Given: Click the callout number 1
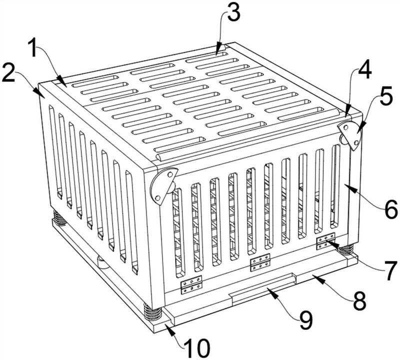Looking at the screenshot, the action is pos(35,47).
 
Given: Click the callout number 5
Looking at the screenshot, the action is pos(386,96).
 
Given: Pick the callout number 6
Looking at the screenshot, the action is pos(391,209).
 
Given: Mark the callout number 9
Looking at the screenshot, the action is pos(306,320).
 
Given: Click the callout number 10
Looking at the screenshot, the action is pos(197,348).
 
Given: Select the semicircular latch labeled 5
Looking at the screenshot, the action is pos(350,135).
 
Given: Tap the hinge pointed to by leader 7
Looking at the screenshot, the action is pos(325,241).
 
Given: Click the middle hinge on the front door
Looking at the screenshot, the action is pos(260,262).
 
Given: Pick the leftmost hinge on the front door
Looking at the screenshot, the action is pos(191,284).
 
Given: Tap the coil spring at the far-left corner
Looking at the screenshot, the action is pos(59,217).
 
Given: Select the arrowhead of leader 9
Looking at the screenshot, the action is pos(271,291).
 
